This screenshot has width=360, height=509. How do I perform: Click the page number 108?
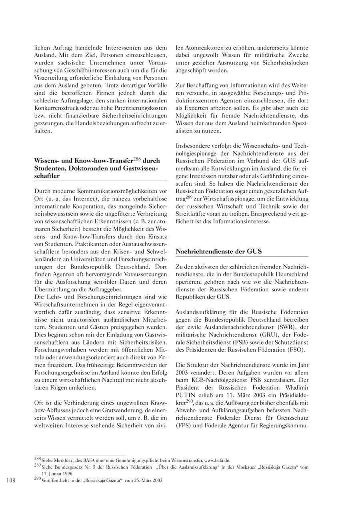11,481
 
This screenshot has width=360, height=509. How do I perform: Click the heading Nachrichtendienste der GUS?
219,251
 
